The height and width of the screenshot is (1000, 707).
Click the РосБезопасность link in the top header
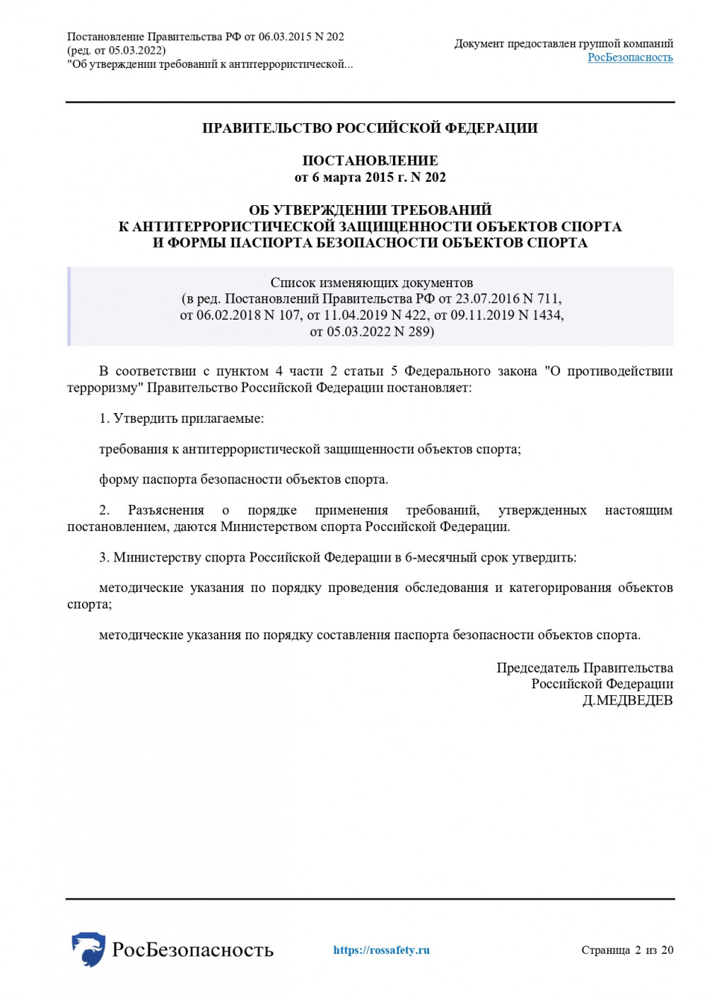630,57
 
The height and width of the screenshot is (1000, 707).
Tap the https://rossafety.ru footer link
381,950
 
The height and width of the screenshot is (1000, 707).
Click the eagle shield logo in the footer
88,948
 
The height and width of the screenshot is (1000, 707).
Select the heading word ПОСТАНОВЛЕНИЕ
370,161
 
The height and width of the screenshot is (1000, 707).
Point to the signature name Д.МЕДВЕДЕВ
627,700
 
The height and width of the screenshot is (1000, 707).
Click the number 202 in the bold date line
436,177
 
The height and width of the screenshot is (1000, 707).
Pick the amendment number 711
548,298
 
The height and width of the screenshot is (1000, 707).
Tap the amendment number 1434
547,315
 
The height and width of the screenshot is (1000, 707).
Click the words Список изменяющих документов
371,282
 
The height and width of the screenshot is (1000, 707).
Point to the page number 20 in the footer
667,950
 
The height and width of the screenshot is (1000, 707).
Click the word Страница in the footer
605,950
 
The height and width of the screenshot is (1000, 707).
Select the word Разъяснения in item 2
165,510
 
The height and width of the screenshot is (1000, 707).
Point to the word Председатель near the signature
538,668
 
